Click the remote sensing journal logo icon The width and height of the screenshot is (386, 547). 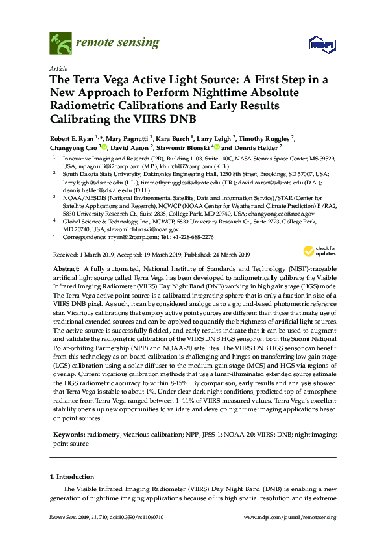[x=60, y=44]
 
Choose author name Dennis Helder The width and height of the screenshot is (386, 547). [x=258, y=148]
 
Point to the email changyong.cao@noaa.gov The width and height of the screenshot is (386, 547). [x=289, y=213]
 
